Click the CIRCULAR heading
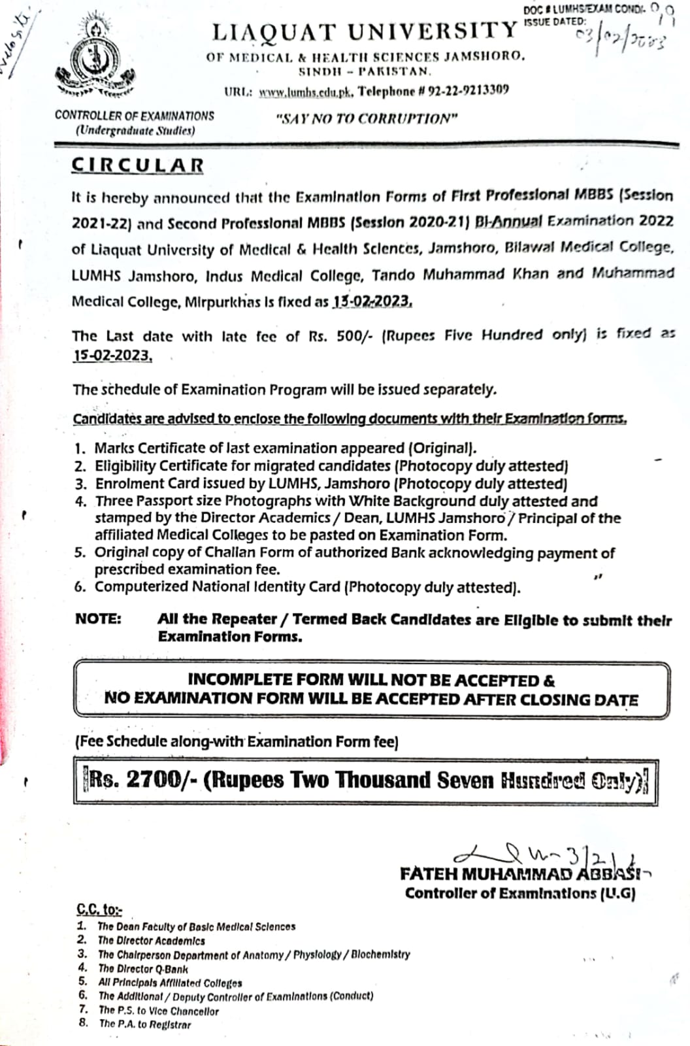pos(138,165)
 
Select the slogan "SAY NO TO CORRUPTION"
pos(367,119)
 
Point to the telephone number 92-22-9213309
pos(468,90)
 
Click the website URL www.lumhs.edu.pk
pos(306,92)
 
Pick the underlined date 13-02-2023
pos(372,302)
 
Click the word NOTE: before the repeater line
pos(98,619)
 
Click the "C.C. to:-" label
pos(99,909)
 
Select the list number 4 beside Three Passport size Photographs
pos(80,501)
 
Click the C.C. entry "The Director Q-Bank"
pos(142,969)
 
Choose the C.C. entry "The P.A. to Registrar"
pos(145,1024)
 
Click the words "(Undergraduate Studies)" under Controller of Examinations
pos(135,130)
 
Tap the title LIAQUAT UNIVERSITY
pos(365,31)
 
